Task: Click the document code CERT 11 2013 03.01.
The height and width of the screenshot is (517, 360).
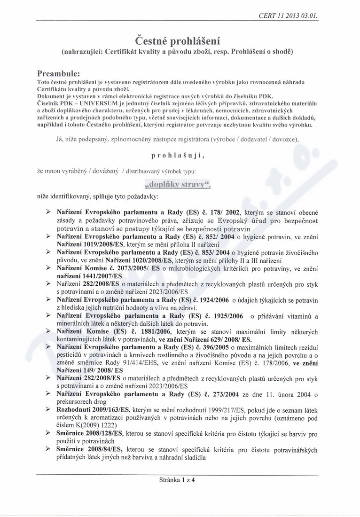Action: (x=288, y=15)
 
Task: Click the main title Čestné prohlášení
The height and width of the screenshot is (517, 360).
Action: (x=178, y=39)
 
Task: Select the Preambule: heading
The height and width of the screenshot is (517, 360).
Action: (x=58, y=74)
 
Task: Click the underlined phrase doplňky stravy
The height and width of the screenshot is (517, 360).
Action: (x=177, y=184)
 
